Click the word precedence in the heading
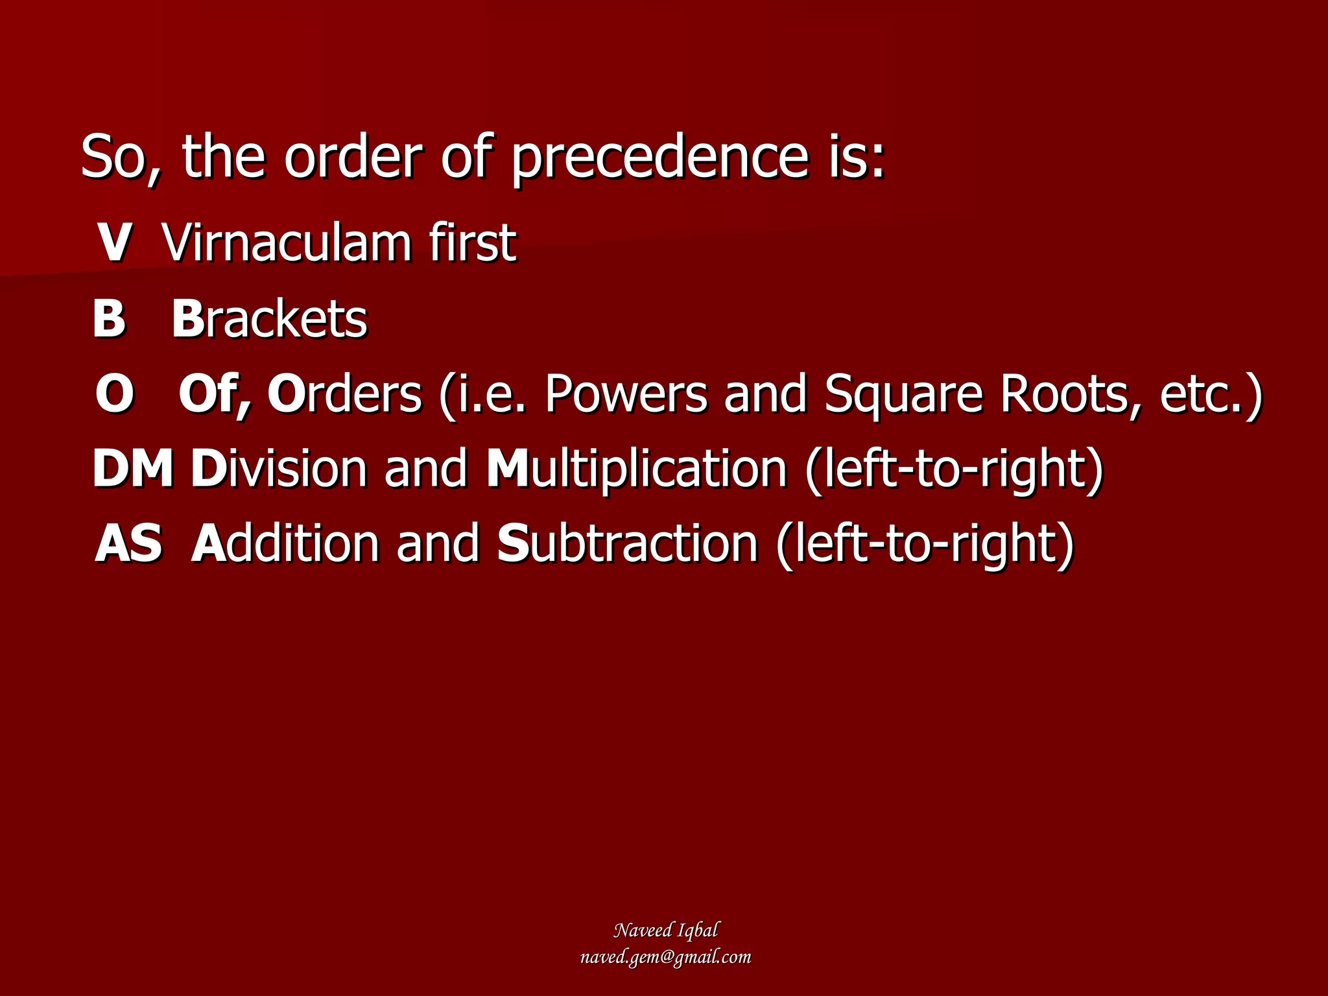[660, 158]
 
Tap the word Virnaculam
[286, 243]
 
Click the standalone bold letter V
[115, 243]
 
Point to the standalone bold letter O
[115, 394]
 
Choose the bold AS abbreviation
[128, 543]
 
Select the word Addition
[285, 543]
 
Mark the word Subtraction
[627, 543]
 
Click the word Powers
[626, 394]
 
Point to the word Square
[903, 394]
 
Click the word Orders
[344, 394]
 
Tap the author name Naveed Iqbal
[665, 931]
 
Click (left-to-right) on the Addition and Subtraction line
[925, 543]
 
